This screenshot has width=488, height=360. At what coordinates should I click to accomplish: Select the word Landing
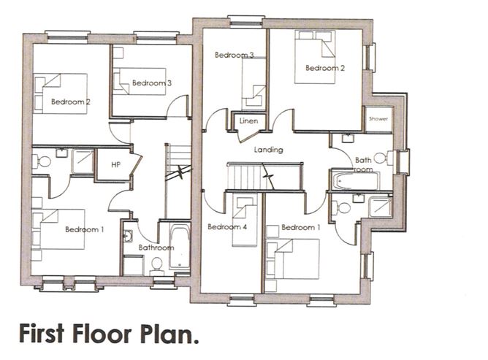point(268,150)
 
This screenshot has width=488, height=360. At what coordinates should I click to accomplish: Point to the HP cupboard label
point(115,165)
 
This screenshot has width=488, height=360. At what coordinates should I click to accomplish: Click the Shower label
point(378,118)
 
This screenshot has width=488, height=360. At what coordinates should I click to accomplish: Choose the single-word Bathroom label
point(157,248)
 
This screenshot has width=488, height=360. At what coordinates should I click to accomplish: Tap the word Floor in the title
point(108,335)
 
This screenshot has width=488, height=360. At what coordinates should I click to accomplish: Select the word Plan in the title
point(171,335)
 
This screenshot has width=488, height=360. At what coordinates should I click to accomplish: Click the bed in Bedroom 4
point(244,212)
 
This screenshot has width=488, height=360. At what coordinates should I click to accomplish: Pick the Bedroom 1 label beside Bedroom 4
point(301,227)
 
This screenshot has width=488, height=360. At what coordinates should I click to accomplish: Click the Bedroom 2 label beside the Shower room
point(325,69)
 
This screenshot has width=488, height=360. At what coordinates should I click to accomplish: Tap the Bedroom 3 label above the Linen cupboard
point(234,55)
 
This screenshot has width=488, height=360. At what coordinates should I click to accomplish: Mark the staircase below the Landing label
point(248,175)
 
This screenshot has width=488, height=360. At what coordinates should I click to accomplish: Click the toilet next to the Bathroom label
point(156,267)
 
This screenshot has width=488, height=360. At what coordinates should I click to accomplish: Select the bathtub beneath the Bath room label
point(354,180)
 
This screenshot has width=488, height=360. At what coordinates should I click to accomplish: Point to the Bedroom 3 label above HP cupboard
point(152,83)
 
